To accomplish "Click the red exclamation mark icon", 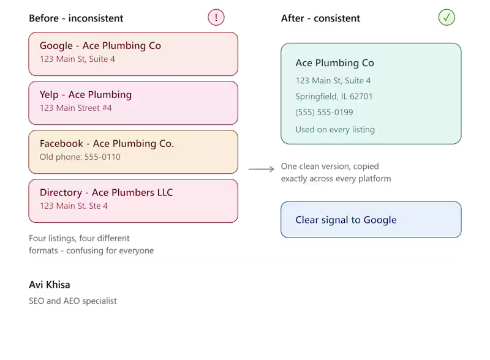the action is pyautogui.click(x=216, y=18).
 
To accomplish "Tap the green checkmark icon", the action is pyautogui.click(x=447, y=18).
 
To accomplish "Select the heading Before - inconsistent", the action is pyautogui.click(x=76, y=18).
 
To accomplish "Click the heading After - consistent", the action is pyautogui.click(x=320, y=18).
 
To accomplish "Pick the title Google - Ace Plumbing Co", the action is pyautogui.click(x=100, y=46).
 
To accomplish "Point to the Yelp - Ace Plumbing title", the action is pyautogui.click(x=86, y=95).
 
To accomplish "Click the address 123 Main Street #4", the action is pyautogui.click(x=75, y=108).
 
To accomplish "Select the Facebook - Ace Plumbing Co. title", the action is pyautogui.click(x=107, y=144).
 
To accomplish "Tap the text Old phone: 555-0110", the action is pyautogui.click(x=80, y=157).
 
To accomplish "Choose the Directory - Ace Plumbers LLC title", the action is pyautogui.click(x=106, y=192).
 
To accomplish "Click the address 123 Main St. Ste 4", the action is pyautogui.click(x=73, y=206).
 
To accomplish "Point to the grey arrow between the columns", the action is pyautogui.click(x=262, y=169).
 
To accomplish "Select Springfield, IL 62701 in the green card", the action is pyautogui.click(x=334, y=97).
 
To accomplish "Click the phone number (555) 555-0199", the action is pyautogui.click(x=325, y=112).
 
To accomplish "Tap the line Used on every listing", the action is pyautogui.click(x=335, y=130).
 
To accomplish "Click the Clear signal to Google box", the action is pyautogui.click(x=371, y=220).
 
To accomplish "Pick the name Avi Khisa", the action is pyautogui.click(x=50, y=285).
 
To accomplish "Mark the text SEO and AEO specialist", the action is pyautogui.click(x=73, y=301).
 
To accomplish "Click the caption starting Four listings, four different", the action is pyautogui.click(x=91, y=244).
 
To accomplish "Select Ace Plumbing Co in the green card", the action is pyautogui.click(x=334, y=63).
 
